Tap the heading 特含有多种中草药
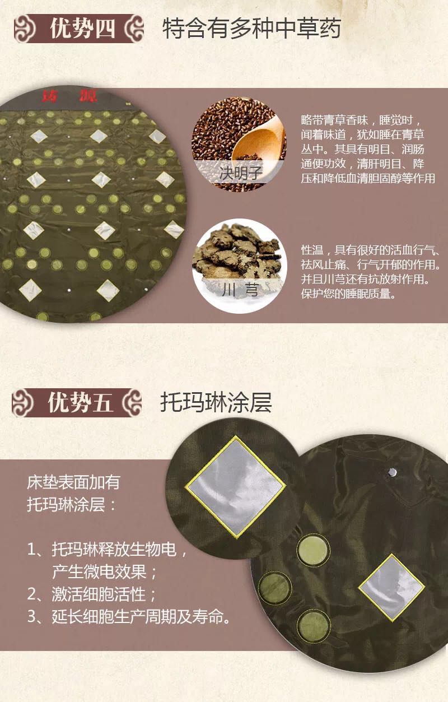coord(251,29)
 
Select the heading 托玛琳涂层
coord(216,402)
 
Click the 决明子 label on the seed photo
coord(241,173)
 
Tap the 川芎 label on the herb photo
coord(240,289)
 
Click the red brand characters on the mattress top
coord(70,96)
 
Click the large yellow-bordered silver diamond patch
coord(235,487)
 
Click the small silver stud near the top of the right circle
coord(391,472)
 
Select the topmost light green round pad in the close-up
coord(313,550)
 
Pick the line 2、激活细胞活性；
coord(91,594)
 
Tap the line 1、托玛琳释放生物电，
coord(107,549)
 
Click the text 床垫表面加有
coord(73,482)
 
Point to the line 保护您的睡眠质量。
coord(348,294)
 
